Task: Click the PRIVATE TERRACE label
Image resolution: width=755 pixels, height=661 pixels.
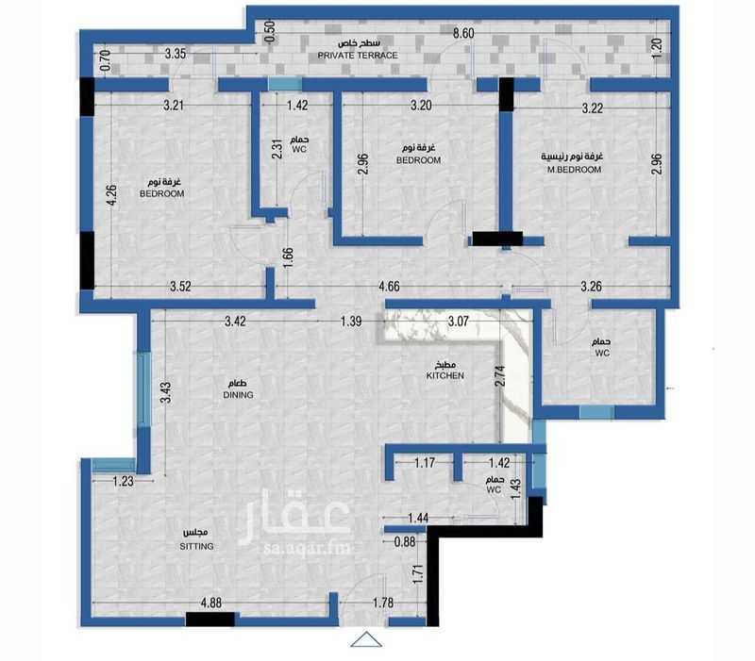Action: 358,56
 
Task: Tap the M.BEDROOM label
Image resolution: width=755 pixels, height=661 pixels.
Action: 574,170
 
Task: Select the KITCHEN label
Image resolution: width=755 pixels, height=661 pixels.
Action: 445,375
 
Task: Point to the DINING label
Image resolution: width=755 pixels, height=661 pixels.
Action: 238,394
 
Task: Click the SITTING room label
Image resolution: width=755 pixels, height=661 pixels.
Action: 196,546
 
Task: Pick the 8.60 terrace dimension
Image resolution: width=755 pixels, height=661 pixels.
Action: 463,33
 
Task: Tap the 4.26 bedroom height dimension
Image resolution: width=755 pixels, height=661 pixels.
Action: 110,195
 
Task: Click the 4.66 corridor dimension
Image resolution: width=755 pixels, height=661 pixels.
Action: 389,287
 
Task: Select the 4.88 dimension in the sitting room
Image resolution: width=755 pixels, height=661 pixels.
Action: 210,603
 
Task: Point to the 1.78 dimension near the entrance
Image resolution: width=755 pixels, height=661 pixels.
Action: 383,603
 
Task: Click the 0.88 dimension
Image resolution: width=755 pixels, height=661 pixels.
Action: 405,541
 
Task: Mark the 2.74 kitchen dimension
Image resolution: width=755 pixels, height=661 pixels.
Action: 500,376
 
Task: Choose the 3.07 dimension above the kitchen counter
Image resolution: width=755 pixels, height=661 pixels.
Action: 458,321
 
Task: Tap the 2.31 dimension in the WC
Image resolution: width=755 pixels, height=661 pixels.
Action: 277,149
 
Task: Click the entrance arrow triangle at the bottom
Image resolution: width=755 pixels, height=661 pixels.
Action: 366,640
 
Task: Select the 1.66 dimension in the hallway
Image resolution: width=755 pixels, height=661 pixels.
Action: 288,258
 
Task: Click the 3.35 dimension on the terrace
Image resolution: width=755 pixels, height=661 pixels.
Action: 176,53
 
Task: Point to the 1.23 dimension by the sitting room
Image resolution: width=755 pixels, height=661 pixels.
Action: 124,481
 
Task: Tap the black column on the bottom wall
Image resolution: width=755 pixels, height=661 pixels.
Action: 210,620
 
